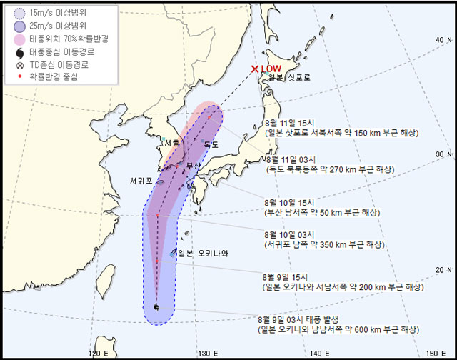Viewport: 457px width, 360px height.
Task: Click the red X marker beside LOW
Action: pyautogui.click(x=255, y=69)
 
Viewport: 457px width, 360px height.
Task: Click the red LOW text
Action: pyautogui.click(x=272, y=69)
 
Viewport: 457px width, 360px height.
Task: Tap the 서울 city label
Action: pyautogui.click(x=171, y=143)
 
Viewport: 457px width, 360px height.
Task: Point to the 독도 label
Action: pyautogui.click(x=211, y=144)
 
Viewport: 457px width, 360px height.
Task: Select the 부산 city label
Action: pyautogui.click(x=194, y=166)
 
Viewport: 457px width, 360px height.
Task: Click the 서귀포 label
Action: pyautogui.click(x=141, y=180)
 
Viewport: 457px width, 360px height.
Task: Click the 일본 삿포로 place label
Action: pyautogui.click(x=289, y=78)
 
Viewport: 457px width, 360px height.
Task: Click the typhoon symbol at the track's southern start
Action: pyautogui.click(x=156, y=307)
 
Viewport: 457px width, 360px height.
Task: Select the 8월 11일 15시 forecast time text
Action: pyautogui.click(x=288, y=124)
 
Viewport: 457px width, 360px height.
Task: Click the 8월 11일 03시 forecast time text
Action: pyautogui.click(x=288, y=159)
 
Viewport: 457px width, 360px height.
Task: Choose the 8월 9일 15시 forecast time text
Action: pyautogui.click(x=285, y=276)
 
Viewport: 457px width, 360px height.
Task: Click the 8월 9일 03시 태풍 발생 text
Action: pyautogui.click(x=299, y=319)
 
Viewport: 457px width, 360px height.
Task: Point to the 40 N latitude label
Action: pyautogui.click(x=443, y=40)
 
